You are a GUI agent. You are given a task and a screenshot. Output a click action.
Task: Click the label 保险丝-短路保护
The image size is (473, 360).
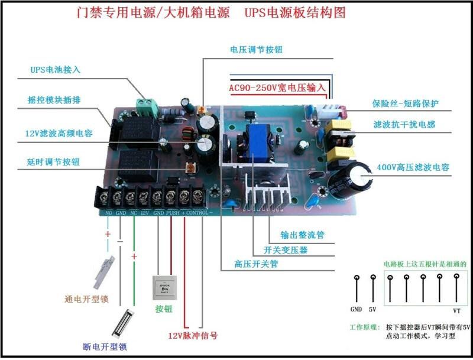coord(405,104)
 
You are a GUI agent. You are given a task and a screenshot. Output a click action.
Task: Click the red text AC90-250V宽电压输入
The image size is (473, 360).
coord(277,87)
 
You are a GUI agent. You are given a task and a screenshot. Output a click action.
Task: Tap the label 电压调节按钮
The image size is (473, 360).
coord(256,50)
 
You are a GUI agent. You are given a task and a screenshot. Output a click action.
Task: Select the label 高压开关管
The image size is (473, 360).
coord(256,264)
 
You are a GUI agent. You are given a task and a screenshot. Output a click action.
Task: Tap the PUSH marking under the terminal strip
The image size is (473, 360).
coord(173,212)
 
